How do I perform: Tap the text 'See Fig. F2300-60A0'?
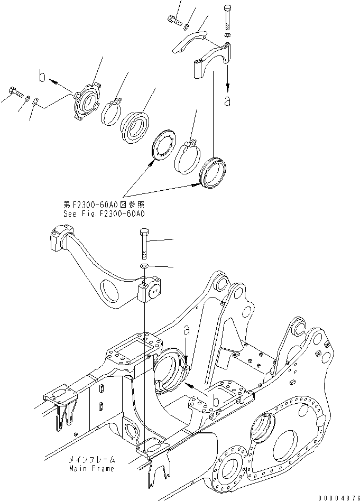109,214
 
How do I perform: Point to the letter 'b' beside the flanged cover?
42,77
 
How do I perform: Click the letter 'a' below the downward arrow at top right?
228,101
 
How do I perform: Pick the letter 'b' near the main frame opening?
215,402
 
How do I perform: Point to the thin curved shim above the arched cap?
192,40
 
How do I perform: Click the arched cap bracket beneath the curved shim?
211,61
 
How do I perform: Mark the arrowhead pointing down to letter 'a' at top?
228,87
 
